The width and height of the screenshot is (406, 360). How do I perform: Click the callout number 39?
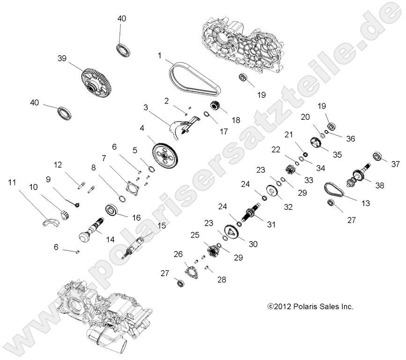click(x=62, y=59)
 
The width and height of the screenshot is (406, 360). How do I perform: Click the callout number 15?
click(x=161, y=225)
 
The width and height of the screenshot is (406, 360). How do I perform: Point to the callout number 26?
click(x=177, y=255)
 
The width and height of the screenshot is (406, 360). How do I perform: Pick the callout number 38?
click(x=379, y=185)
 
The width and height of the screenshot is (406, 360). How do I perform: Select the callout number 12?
click(x=58, y=164)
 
